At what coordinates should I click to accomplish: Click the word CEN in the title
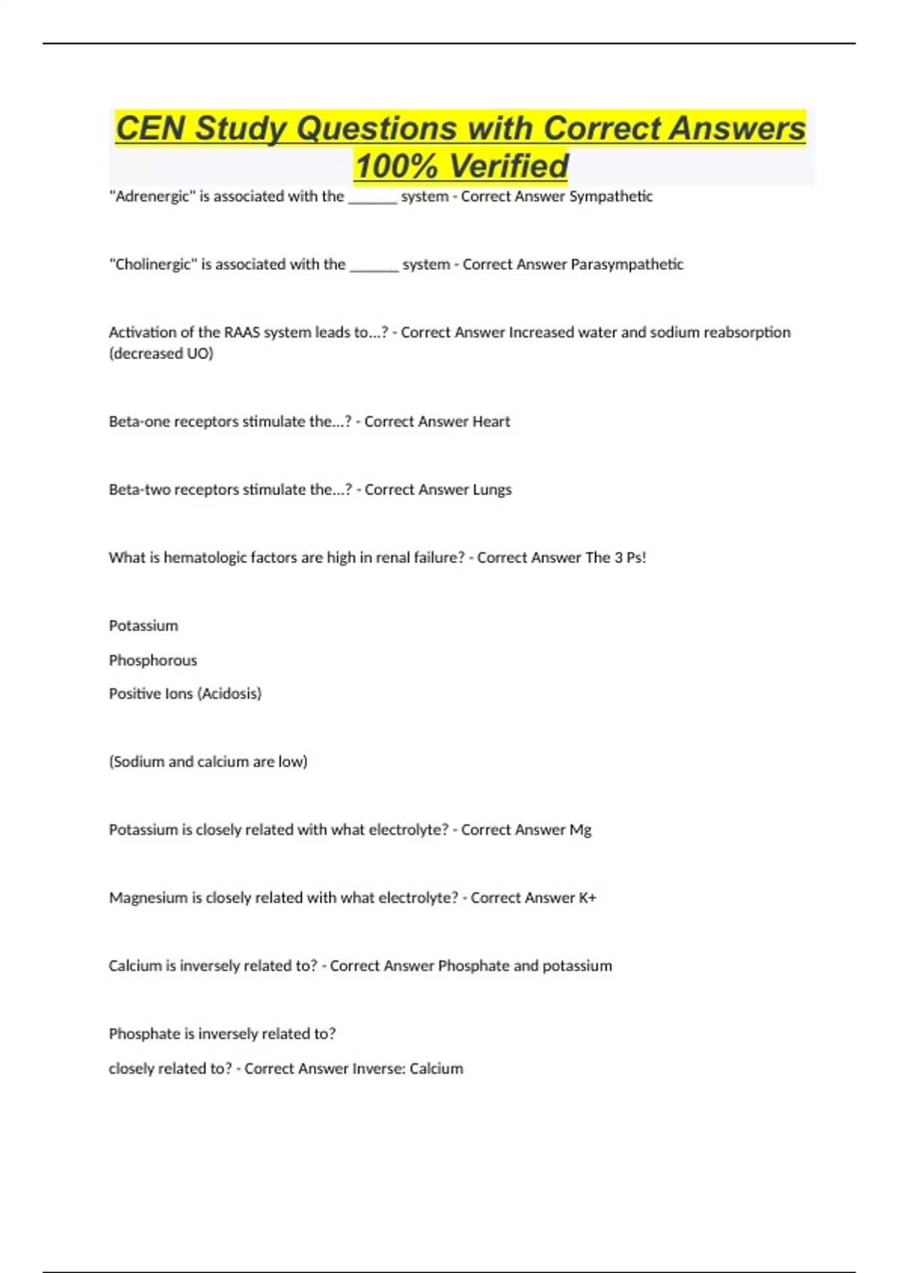tap(151, 129)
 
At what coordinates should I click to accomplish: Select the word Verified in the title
tap(509, 166)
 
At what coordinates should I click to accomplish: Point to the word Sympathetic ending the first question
tap(611, 196)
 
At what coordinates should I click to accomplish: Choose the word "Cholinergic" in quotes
tap(153, 264)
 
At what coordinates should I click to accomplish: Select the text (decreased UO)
tap(161, 353)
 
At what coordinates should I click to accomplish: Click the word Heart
tap(491, 422)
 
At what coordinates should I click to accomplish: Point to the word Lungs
tap(491, 490)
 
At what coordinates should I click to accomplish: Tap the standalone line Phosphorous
tap(153, 660)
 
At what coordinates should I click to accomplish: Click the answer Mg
tap(581, 830)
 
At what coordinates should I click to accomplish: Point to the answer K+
tap(587, 898)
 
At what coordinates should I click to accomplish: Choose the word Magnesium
tap(148, 898)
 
